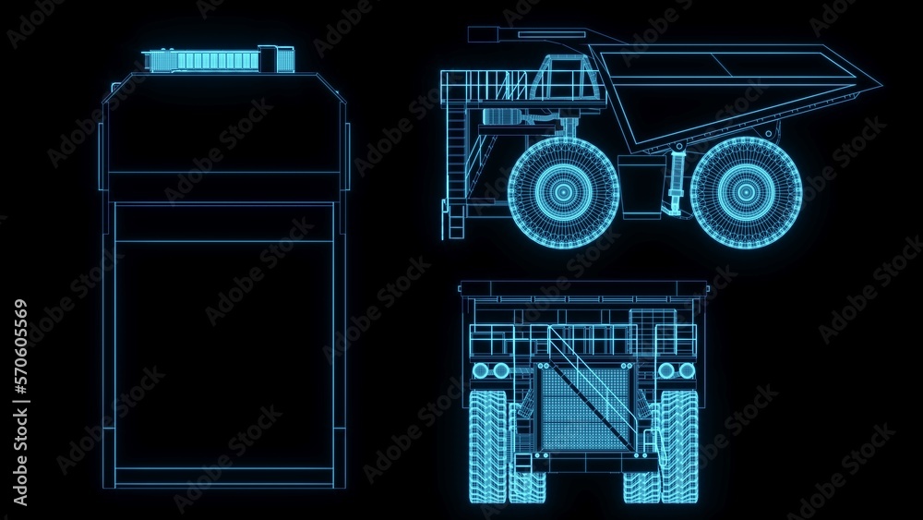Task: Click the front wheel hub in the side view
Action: [x=563, y=192]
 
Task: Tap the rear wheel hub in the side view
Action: [x=745, y=192]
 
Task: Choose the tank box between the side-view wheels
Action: [x=641, y=187]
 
